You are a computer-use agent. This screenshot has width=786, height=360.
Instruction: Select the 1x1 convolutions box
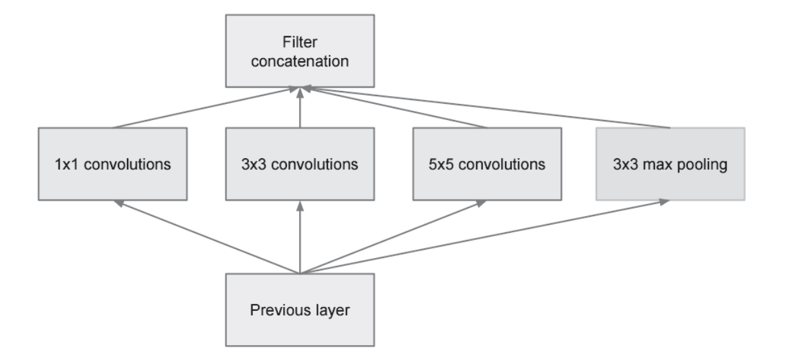(113, 163)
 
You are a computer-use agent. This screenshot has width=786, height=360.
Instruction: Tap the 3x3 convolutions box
(300, 163)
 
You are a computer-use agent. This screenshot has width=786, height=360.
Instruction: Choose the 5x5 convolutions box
(487, 163)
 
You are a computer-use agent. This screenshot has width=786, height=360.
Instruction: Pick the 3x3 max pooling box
(670, 163)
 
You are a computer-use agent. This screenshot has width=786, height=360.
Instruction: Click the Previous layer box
(300, 310)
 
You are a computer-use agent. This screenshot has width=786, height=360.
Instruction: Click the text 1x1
(66, 163)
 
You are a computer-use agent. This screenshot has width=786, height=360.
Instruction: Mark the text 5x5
(441, 163)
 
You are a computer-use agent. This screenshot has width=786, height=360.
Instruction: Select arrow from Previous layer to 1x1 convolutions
(206, 236)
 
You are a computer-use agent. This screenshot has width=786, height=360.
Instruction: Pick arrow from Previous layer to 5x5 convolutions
(393, 236)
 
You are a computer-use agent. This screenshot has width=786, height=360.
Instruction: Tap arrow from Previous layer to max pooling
(484, 236)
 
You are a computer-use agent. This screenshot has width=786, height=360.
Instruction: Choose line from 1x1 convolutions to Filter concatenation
(206, 108)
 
